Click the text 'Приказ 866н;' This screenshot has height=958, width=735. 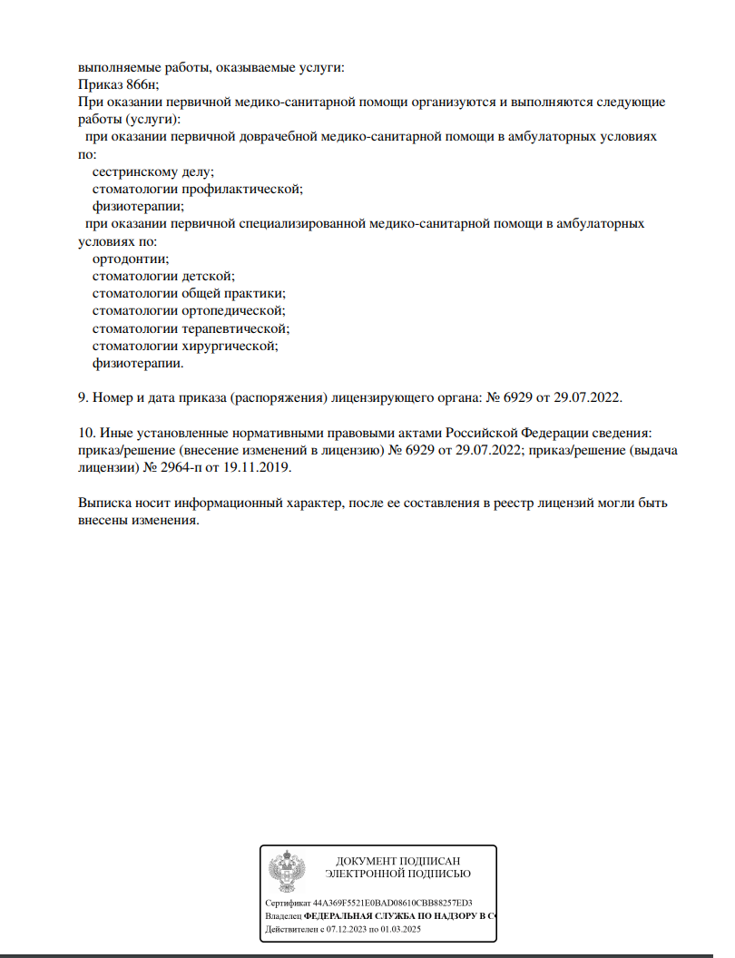click(x=119, y=84)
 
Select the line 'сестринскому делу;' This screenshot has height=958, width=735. click(x=153, y=171)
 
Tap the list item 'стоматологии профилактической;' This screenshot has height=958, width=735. click(x=197, y=189)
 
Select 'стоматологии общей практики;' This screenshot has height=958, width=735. click(x=190, y=293)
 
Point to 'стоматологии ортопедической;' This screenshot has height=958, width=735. click(x=190, y=310)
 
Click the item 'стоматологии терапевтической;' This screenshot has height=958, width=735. click(x=191, y=327)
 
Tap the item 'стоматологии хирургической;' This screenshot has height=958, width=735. click(x=185, y=346)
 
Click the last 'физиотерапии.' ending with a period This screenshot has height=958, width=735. click(x=138, y=363)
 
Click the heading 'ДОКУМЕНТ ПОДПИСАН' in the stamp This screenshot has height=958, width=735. click(x=398, y=860)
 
